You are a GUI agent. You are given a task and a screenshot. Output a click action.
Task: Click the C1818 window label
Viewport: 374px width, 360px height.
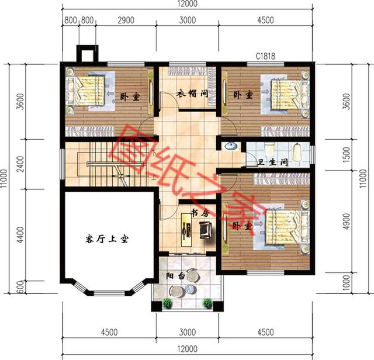click(x=265, y=57)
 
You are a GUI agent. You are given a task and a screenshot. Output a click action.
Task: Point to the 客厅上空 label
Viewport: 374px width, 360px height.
click(x=106, y=238)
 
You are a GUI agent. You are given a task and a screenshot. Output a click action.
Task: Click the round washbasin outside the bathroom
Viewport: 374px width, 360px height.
click(x=229, y=146)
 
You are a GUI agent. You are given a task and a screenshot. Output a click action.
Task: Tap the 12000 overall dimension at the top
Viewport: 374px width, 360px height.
click(x=186, y=5)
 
